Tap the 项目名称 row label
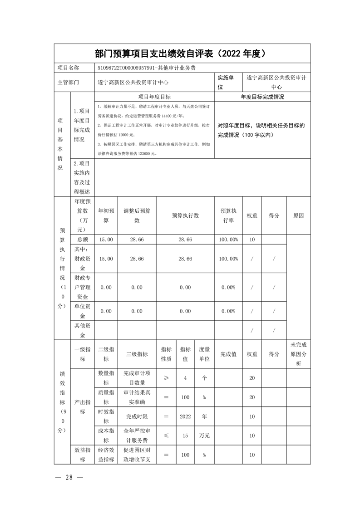[68, 68]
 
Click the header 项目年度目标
[154, 97]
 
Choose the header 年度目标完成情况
[262, 97]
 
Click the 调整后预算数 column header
[137, 215]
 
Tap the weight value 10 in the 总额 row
[252, 239]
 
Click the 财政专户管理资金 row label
[82, 287]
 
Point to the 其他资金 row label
[82, 330]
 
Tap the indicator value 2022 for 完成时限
[185, 416]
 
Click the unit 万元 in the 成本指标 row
[204, 436]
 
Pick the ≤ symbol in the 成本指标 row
[166, 436]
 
